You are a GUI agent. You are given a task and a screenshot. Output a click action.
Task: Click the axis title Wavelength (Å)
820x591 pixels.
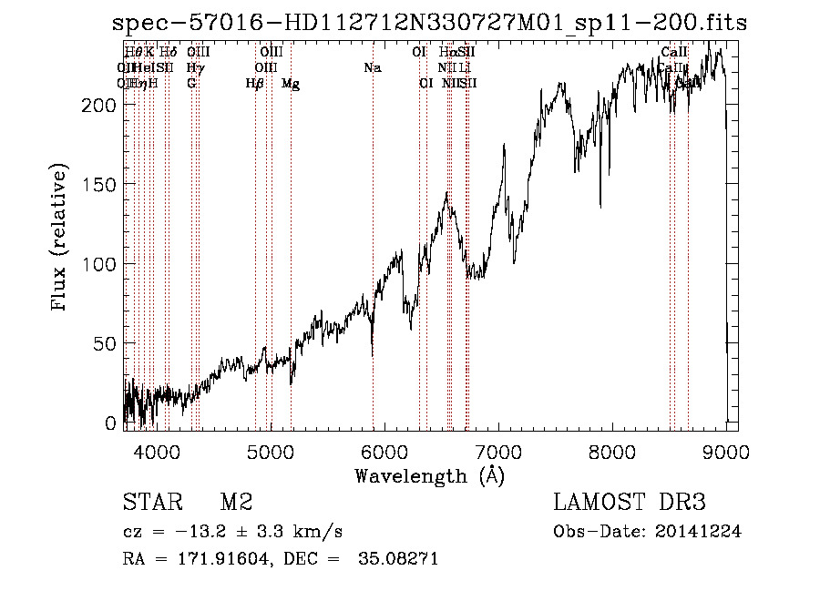(x=429, y=475)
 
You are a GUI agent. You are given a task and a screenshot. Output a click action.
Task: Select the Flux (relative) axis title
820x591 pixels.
(x=61, y=239)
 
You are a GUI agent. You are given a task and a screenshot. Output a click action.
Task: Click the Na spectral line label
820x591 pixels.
(x=372, y=68)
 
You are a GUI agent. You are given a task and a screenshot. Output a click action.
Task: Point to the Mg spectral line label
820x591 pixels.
(x=291, y=84)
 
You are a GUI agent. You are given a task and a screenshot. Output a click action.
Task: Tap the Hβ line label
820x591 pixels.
(x=255, y=84)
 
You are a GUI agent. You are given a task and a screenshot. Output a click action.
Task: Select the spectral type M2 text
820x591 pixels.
(x=236, y=502)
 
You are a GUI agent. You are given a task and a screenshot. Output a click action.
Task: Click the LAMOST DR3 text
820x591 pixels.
(x=630, y=502)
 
